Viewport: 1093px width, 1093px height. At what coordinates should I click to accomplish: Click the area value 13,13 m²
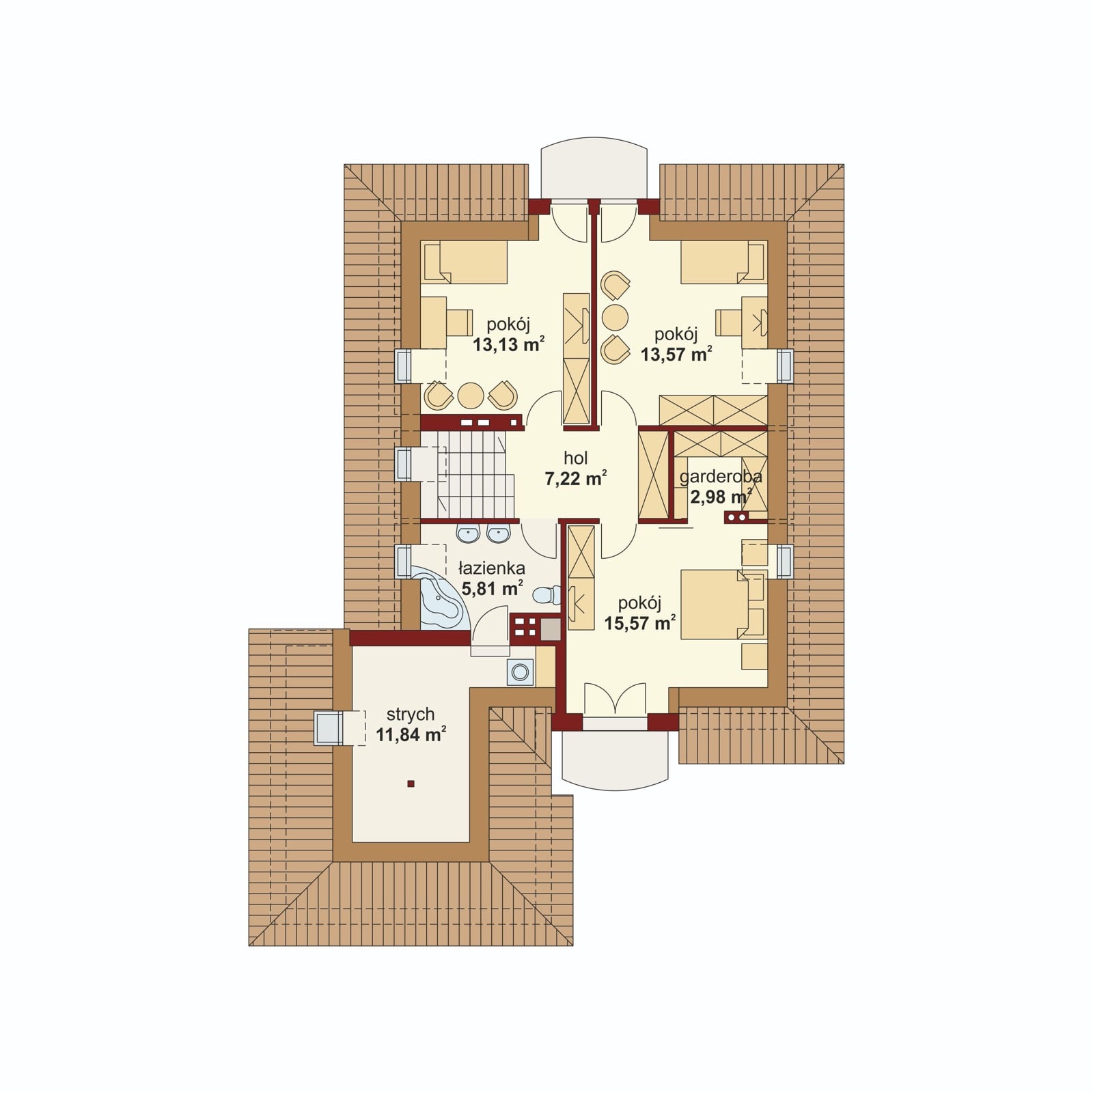(508, 344)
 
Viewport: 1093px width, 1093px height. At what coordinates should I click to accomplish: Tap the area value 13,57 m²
(676, 355)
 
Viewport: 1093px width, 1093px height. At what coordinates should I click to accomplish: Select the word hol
(576, 458)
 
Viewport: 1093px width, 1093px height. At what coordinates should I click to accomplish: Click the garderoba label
(721, 477)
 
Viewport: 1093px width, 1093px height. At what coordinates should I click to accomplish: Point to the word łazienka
(492, 568)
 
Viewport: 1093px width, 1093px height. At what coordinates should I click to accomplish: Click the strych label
(411, 715)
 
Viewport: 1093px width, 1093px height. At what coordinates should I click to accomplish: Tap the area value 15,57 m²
(640, 623)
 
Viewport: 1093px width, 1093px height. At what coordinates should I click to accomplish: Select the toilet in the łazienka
(547, 596)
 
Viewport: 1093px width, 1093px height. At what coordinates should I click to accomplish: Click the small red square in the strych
(411, 784)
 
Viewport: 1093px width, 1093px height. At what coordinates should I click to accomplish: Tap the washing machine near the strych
(521, 673)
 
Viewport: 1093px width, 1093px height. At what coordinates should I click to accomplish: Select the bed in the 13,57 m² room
(723, 262)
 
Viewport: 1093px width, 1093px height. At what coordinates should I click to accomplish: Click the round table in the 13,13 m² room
(471, 395)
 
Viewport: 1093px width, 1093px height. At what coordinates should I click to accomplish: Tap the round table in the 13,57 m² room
(615, 317)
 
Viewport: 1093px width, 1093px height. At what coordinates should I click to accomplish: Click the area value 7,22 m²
(576, 479)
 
